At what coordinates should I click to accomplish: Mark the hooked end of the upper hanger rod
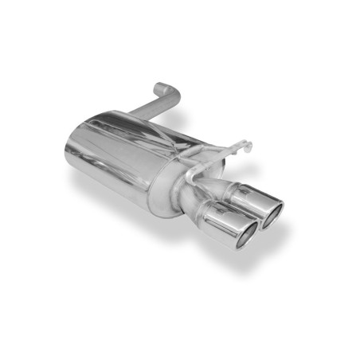point(248,146)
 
